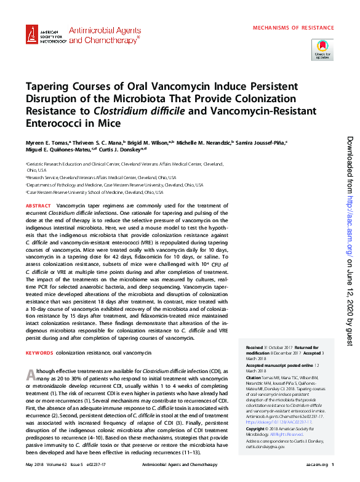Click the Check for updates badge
coord(322,49)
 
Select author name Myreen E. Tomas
coord(47,142)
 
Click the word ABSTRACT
coord(38,204)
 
